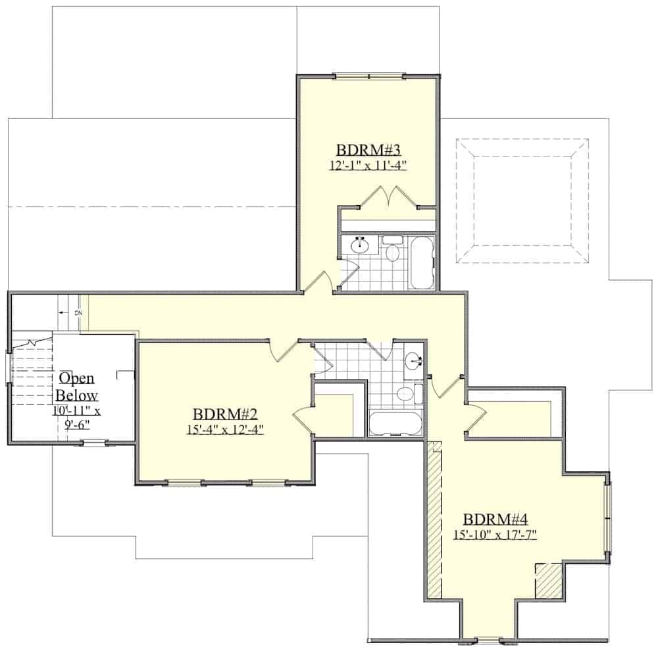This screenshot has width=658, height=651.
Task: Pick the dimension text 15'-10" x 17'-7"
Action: (x=495, y=535)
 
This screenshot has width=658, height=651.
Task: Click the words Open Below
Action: (x=77, y=387)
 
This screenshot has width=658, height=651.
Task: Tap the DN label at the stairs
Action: (x=78, y=312)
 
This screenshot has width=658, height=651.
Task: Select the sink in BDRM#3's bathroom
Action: (x=359, y=245)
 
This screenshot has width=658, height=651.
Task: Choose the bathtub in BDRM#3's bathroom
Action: (x=421, y=262)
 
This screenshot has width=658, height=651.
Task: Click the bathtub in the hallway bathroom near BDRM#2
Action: (x=395, y=423)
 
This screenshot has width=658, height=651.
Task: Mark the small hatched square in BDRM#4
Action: (x=548, y=581)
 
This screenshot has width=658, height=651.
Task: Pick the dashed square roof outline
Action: (x=523, y=201)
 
